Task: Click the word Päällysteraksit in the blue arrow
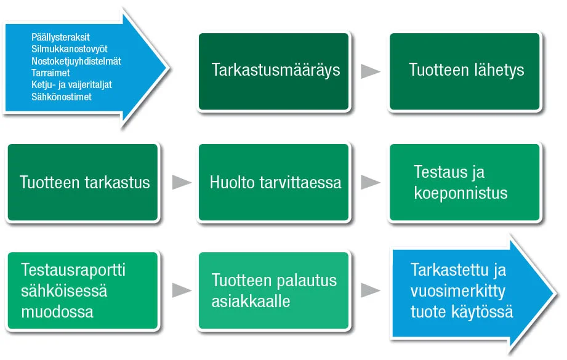60,37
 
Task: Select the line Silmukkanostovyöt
70,49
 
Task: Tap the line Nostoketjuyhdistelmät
76,61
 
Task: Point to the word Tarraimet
50,73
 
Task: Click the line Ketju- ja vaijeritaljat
71,84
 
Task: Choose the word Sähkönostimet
62,97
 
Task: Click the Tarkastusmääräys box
274,71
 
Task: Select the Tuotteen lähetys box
465,71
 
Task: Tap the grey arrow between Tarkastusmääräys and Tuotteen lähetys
371,71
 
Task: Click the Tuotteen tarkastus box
83,182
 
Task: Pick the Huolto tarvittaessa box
274,182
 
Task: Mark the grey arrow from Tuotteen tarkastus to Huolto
182,182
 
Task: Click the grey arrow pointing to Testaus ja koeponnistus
371,182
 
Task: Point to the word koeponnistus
460,193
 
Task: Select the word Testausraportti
73,270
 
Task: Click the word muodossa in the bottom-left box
57,311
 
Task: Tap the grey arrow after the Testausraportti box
182,290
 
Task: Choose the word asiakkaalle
251,301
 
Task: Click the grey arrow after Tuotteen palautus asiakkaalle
371,290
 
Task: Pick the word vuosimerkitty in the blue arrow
458,291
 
